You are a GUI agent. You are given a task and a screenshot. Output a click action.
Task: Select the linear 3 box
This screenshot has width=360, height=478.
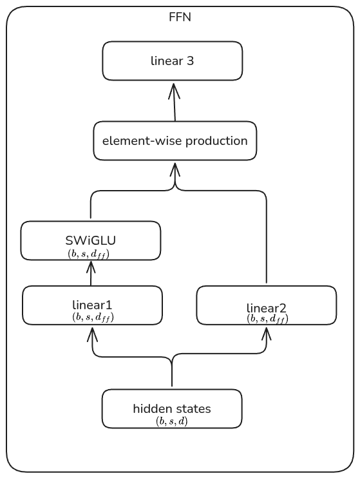pos(172,61)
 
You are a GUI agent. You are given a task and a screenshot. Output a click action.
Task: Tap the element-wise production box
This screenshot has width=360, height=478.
pos(175,140)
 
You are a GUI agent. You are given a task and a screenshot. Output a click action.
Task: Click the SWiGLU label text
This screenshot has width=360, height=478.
pos(91,241)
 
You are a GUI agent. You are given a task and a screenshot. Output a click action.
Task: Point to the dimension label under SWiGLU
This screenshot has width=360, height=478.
pos(91,254)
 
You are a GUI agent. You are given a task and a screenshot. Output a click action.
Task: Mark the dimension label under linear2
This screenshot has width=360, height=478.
pos(267,318)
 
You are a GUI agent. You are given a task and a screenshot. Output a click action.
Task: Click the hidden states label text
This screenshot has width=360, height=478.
pos(171,408)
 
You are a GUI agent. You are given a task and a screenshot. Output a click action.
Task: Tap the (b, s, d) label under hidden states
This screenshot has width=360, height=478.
pos(171,421)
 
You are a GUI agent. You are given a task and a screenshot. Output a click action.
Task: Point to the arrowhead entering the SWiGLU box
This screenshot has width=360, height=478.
pos(91,265)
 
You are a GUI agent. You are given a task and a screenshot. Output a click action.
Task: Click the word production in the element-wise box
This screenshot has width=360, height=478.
pos(216,140)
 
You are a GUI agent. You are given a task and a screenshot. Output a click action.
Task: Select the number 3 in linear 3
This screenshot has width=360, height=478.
pos(191,61)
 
